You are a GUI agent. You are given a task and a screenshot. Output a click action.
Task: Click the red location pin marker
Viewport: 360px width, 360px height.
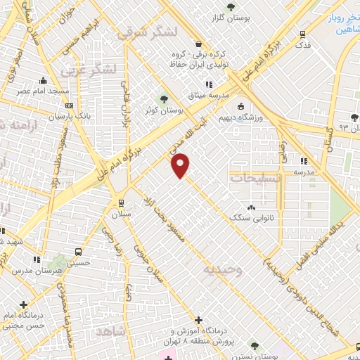181,165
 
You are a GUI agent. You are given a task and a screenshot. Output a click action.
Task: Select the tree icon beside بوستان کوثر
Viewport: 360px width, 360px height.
165,99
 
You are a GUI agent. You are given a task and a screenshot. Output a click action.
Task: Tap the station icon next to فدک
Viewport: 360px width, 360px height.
303,33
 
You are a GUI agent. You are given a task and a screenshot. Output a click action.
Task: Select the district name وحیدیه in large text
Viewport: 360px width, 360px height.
223,269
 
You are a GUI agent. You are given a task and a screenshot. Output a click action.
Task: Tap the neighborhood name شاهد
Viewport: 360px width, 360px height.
110,330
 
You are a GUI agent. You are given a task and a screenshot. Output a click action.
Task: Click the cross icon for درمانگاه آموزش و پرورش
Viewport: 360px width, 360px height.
199,320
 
